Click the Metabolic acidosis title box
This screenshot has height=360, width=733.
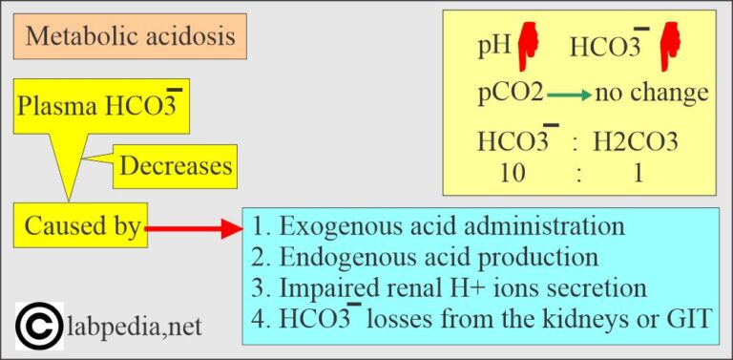point(130,36)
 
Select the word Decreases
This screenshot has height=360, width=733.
point(176,165)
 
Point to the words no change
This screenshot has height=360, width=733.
point(651,93)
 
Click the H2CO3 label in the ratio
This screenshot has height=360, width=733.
point(636,143)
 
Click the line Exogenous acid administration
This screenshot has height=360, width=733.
point(439,227)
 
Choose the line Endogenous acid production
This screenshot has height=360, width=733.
point(426,257)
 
